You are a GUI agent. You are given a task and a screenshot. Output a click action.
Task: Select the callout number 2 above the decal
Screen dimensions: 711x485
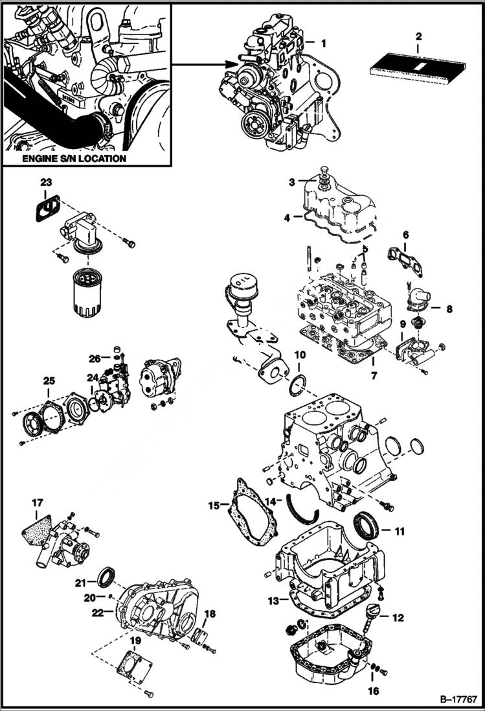pyautogui.click(x=418, y=36)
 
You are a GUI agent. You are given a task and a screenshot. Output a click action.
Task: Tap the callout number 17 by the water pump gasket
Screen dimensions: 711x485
pyautogui.click(x=38, y=502)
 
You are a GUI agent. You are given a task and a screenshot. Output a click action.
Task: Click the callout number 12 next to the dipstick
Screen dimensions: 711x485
pyautogui.click(x=398, y=618)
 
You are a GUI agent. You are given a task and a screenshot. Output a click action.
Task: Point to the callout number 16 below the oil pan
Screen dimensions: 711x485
pyautogui.click(x=373, y=691)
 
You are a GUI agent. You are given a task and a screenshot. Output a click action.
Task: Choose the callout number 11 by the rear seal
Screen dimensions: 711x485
pyautogui.click(x=399, y=531)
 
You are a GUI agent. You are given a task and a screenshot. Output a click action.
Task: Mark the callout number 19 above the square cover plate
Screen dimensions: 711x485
pyautogui.click(x=135, y=641)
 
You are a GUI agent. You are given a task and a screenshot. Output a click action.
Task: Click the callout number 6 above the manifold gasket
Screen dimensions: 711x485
pyautogui.click(x=405, y=235)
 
